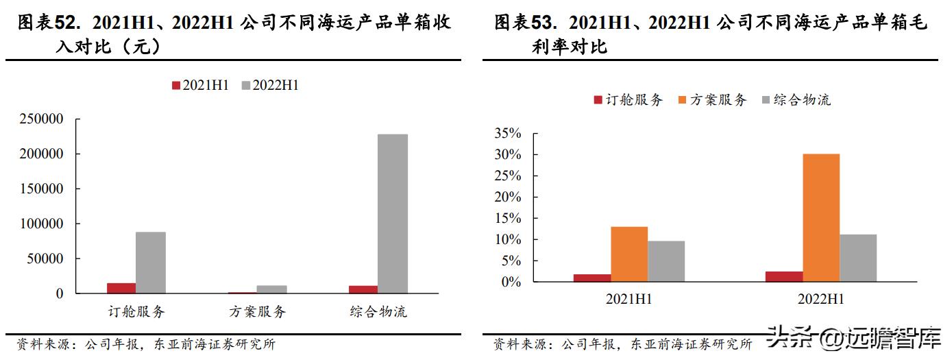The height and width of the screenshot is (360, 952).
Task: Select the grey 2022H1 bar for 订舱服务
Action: (x=151, y=263)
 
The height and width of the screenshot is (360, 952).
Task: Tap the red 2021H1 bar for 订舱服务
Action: (x=121, y=288)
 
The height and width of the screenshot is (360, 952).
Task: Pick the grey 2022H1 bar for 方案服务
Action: (x=272, y=289)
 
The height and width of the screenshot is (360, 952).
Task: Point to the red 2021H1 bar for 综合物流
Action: (x=363, y=289)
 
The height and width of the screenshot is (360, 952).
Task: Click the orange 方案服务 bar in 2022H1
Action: (x=821, y=218)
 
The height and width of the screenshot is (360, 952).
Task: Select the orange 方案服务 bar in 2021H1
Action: (x=629, y=254)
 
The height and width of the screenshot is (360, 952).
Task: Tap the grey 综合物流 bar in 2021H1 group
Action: (x=666, y=261)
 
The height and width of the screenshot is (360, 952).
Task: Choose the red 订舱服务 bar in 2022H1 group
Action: (x=784, y=276)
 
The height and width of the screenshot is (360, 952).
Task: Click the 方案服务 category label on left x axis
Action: (x=257, y=312)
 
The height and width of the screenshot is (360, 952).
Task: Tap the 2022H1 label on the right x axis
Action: (x=820, y=300)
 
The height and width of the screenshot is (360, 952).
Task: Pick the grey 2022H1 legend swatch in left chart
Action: (x=245, y=86)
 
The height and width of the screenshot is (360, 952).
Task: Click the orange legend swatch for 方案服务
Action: (x=682, y=100)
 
